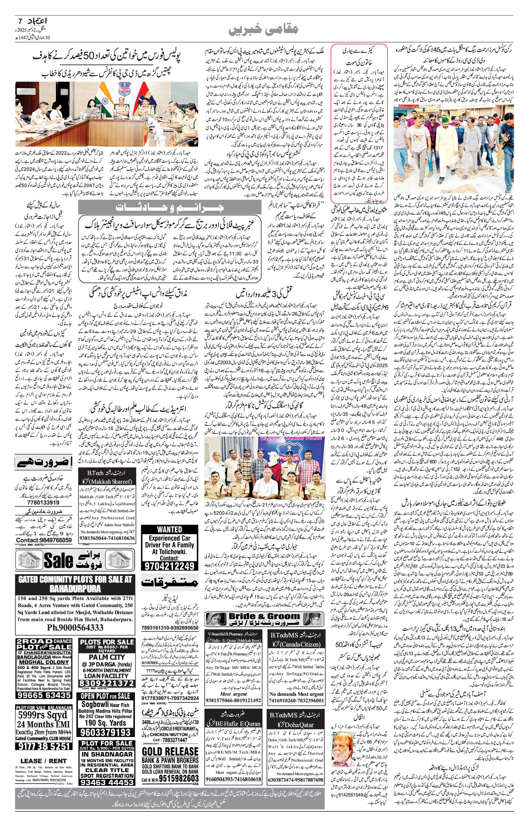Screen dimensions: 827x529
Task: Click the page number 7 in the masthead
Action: [x=19, y=20]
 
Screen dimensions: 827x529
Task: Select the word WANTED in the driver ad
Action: [x=170, y=530]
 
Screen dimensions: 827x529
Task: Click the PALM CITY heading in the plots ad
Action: [x=107, y=657]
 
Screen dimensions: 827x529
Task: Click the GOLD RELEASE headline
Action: [x=170, y=751]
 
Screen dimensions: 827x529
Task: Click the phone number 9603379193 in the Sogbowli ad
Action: [x=107, y=731]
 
